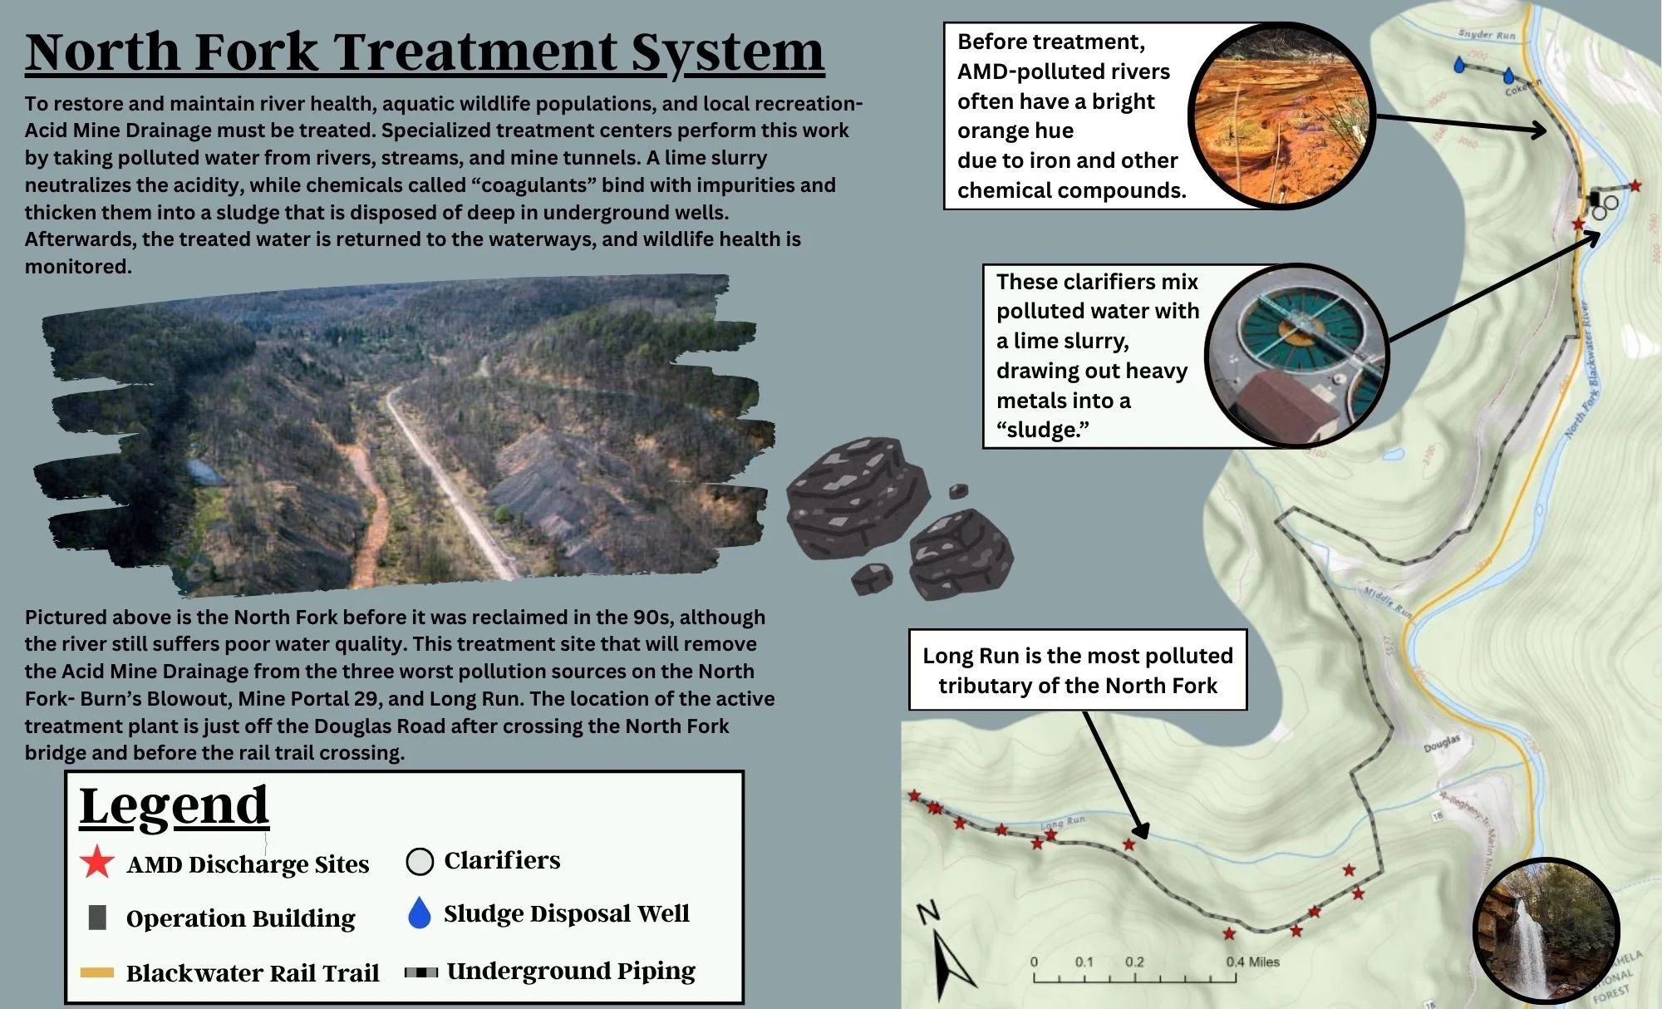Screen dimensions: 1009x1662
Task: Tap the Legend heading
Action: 174,805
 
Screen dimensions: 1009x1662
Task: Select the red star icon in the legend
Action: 96,862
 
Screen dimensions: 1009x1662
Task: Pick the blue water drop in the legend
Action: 420,913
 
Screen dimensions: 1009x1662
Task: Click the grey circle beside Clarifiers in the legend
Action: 420,861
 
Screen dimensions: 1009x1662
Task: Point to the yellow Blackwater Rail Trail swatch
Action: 96,972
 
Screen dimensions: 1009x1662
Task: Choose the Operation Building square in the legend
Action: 97,918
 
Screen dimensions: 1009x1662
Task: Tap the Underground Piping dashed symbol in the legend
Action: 420,972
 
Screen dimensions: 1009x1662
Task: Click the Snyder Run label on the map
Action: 1487,35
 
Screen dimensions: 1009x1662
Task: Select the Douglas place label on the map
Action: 1441,743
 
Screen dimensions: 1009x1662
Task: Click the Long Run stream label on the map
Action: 1062,821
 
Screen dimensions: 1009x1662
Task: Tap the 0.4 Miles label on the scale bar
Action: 1252,962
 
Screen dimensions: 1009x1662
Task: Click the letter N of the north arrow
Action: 927,912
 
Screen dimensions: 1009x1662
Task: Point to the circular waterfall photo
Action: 1545,931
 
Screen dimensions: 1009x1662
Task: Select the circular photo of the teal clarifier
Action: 1297,356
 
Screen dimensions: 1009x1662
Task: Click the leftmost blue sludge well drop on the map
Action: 1458,65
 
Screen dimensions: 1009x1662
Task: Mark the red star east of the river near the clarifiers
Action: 1635,186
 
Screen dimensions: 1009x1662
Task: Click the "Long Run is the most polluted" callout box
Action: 1077,670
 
